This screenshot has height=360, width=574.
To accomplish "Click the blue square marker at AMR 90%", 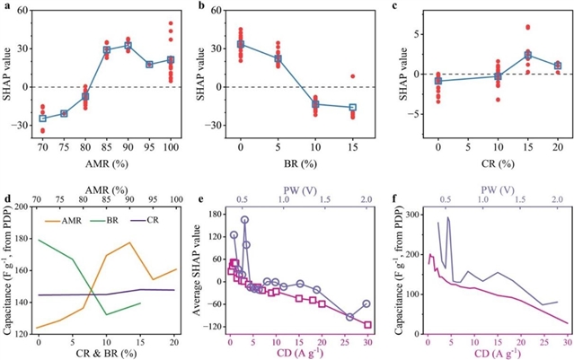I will [x=128, y=46].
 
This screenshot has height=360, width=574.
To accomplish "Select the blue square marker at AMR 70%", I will [x=42, y=119].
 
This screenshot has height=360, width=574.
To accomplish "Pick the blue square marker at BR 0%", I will [x=241, y=44].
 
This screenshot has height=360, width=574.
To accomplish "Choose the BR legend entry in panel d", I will [x=122, y=220].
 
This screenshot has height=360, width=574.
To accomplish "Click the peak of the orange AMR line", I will [x=129, y=242].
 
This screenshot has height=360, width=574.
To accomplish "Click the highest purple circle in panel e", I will [x=244, y=220].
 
